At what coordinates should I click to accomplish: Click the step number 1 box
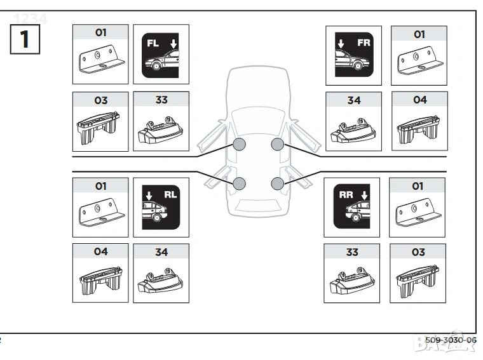point(25,39)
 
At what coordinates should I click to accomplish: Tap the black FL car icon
point(161,56)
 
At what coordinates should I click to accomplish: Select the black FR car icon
point(353,56)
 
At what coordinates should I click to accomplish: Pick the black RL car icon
point(161,208)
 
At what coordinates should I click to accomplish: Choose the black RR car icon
point(351,208)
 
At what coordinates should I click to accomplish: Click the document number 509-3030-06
point(451,340)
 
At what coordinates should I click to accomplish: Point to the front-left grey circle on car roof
point(240,145)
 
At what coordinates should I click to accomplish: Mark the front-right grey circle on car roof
point(278,145)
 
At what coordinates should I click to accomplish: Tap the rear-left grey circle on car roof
point(240,184)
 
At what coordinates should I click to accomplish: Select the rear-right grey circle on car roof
point(278,184)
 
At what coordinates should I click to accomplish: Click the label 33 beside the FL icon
point(161,99)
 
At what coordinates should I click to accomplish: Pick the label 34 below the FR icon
point(354,100)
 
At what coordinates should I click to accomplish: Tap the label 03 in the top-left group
point(100,100)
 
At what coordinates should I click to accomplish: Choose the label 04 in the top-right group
point(419,100)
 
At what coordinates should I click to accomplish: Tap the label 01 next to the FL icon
point(100,32)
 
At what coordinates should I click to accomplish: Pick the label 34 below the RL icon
point(161,252)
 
